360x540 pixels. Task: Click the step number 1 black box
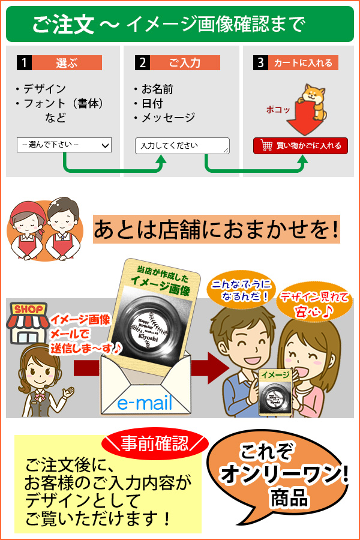tap(24, 63)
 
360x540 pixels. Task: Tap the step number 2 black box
tap(142, 63)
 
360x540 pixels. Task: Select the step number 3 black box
tap(260, 63)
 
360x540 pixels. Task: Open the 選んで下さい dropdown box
tap(64, 145)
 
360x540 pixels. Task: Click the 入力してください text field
tap(182, 146)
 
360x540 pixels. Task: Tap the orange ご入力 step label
tap(185, 63)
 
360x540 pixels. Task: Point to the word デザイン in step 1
tap(44, 89)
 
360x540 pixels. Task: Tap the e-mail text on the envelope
tap(145, 402)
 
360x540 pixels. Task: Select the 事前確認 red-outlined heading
tap(155, 443)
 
